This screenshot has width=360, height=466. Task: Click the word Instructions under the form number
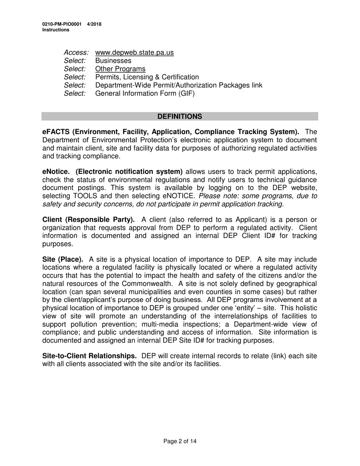56,30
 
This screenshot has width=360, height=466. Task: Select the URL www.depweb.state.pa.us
135,53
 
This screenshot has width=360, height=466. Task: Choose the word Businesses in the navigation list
113,61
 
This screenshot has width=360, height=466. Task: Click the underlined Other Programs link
120,69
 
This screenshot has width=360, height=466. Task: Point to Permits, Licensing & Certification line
147,77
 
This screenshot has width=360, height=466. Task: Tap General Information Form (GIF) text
145,94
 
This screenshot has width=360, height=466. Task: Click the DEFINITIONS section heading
180,116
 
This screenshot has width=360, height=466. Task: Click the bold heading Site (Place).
63,260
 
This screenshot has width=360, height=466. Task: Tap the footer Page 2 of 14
180,441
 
